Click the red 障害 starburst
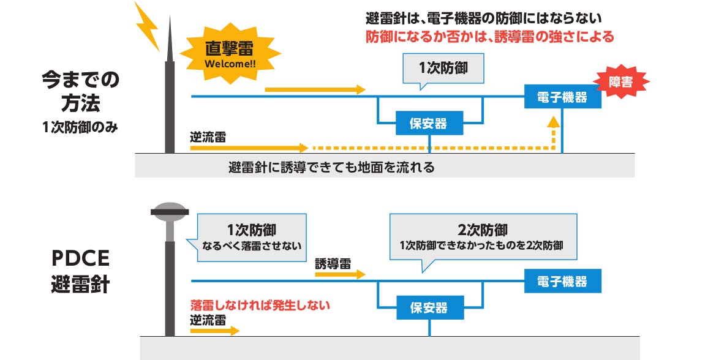click(620, 82)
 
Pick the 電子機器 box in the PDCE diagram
click(562, 282)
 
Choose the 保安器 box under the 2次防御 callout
click(429, 307)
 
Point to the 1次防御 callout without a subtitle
click(443, 69)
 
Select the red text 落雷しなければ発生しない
click(260, 304)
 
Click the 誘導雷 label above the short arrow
click(333, 264)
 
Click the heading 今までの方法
click(81, 89)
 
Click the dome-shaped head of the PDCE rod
click(170, 211)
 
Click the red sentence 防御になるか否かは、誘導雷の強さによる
click(488, 37)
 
